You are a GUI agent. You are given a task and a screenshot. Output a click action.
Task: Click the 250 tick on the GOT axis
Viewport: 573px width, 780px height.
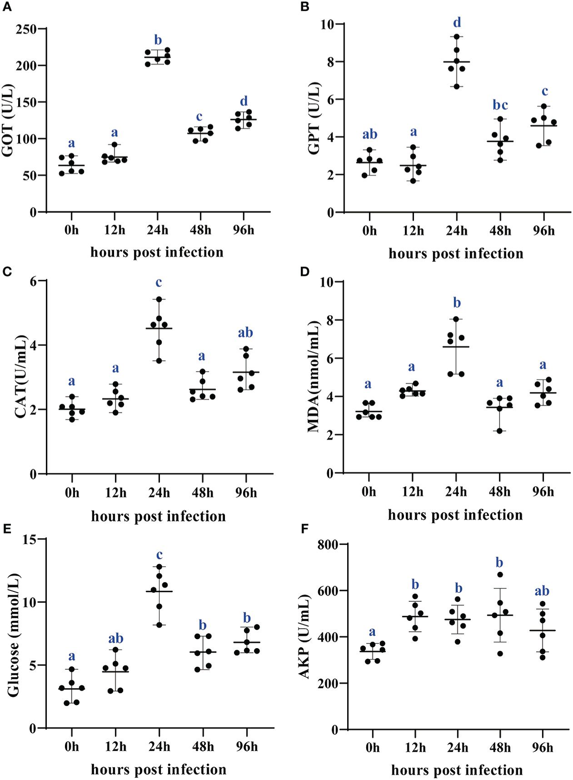[27, 29]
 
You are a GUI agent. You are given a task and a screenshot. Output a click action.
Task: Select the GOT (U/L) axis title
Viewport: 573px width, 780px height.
[9, 120]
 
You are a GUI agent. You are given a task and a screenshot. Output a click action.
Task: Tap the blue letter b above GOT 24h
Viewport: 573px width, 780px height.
[158, 40]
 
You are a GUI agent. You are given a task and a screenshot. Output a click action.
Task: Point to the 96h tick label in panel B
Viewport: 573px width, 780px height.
[544, 231]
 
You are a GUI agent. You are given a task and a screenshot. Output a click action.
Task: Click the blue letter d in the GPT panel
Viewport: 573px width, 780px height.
[457, 22]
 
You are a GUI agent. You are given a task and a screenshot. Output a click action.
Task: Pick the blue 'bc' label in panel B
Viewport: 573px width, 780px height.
[500, 105]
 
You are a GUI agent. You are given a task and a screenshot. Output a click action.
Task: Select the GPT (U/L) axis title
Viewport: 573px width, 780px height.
[314, 118]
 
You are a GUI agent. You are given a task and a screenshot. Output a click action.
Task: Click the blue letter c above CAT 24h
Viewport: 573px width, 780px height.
[159, 282]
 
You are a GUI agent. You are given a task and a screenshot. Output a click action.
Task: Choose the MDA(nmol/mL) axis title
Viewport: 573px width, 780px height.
[313, 377]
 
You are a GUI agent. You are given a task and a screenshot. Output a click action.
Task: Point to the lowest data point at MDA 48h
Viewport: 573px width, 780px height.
[500, 431]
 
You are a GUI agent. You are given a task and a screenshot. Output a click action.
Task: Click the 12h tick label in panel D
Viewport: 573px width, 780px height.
[412, 492]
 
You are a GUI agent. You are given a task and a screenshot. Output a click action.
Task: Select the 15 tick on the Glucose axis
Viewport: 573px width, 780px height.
[30, 539]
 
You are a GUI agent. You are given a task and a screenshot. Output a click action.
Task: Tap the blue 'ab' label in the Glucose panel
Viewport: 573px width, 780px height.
[116, 639]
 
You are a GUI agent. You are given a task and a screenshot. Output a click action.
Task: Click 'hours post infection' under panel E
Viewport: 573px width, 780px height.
[159, 769]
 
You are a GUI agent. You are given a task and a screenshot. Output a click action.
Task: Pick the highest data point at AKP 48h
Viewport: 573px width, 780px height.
[500, 575]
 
